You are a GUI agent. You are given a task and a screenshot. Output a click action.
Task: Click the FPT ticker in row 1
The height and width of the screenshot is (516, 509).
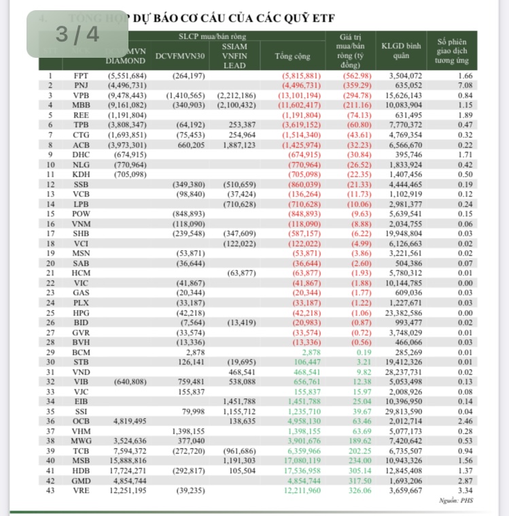click(x=80, y=75)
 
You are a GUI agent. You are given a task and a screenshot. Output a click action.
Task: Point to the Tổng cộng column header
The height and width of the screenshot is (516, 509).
click(x=292, y=56)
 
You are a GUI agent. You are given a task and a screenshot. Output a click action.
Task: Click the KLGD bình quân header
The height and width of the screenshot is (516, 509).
click(x=401, y=51)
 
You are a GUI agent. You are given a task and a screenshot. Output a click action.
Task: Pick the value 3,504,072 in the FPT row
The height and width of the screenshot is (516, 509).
click(x=406, y=75)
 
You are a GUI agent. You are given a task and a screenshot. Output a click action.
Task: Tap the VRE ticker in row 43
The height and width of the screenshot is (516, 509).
click(x=80, y=491)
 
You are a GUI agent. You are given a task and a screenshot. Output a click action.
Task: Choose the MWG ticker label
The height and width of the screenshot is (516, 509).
click(x=80, y=441)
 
